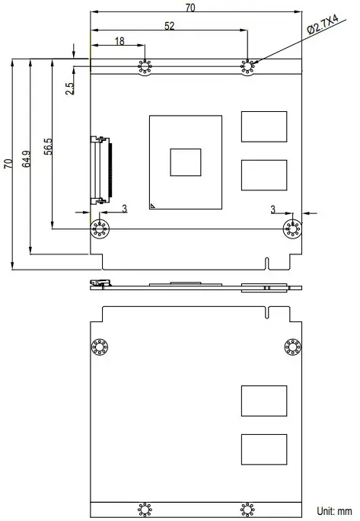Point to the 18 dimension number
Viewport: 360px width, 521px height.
point(119,41)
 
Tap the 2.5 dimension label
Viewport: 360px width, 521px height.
point(70,88)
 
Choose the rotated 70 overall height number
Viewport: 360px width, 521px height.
point(8,163)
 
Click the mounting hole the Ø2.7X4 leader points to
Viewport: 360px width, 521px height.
point(247,68)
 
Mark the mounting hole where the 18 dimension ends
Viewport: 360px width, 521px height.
point(145,68)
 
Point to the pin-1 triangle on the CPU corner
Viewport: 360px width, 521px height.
point(153,205)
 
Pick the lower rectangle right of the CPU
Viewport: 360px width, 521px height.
point(264,174)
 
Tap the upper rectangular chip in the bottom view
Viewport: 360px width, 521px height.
point(264,401)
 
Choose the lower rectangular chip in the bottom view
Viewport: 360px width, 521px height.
point(264,449)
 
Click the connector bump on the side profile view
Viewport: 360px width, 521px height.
point(98,284)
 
